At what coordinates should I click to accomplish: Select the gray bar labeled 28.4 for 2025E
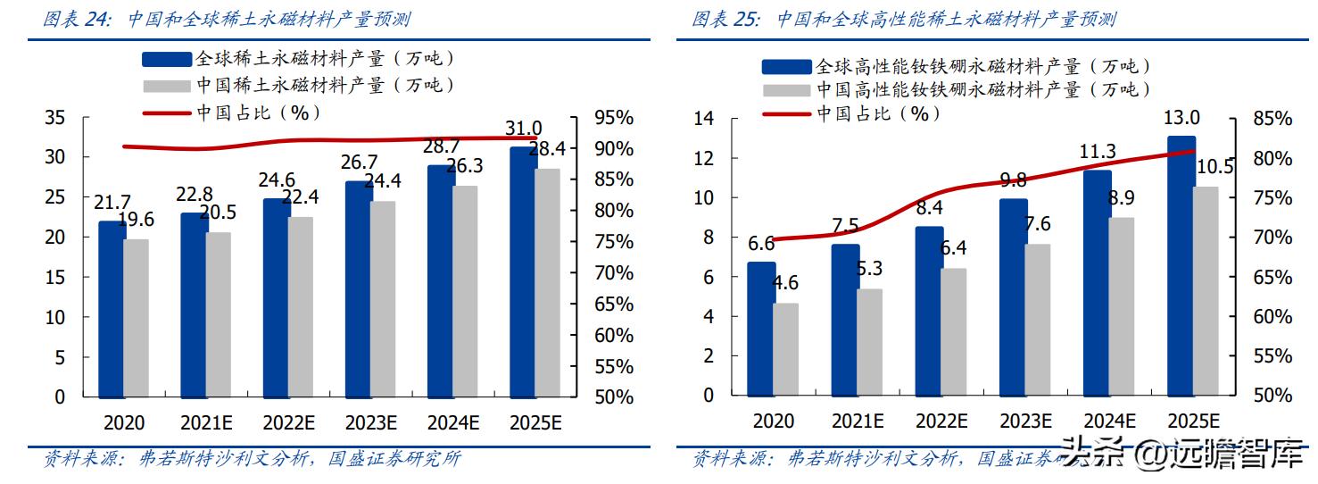[x=547, y=282]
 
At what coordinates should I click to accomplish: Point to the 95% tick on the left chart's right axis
[x=613, y=118]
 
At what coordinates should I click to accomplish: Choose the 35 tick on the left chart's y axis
[x=54, y=118]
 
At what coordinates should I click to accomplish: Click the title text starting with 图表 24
[x=227, y=19]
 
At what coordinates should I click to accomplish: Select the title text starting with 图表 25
[x=903, y=19]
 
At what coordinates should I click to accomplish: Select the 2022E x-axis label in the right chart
[x=941, y=421]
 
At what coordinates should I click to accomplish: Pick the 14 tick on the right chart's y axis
[x=704, y=119]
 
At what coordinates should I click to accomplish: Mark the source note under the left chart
[x=253, y=459]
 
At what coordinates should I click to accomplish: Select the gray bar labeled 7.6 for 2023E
[x=1037, y=319]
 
